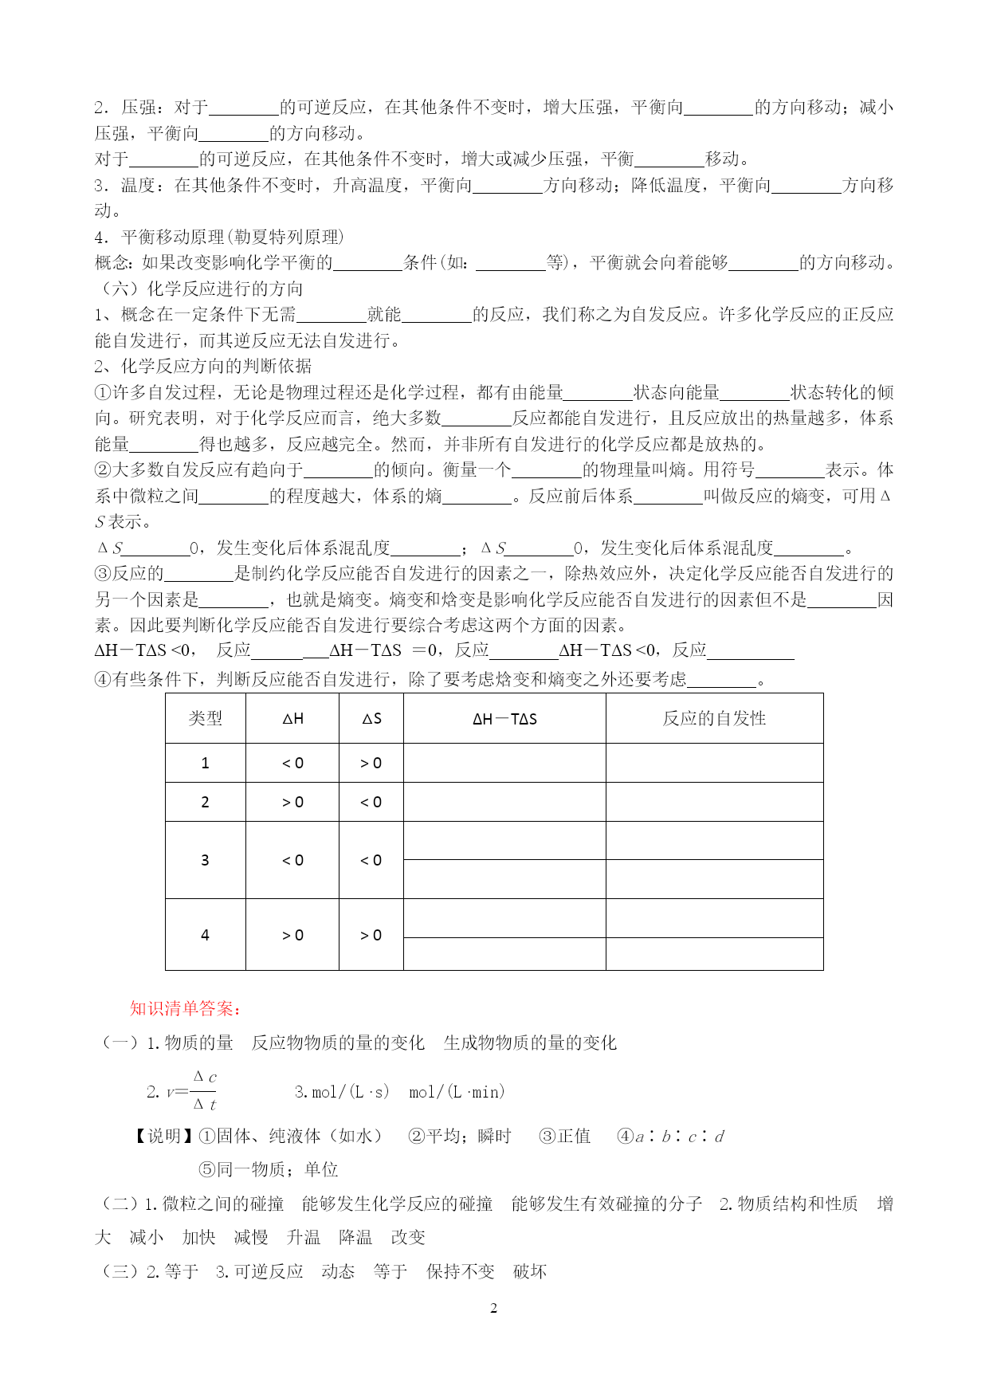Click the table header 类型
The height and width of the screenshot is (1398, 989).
pos(205,718)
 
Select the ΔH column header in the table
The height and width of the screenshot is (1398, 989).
pos(292,718)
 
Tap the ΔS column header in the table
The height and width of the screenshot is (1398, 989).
pos(371,718)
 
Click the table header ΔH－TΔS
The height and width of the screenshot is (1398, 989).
pos(504,718)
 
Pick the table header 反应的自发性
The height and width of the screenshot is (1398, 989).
pos(714,718)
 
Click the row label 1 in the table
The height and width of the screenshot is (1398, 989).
pos(205,763)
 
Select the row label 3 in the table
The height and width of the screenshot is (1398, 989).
pos(205,860)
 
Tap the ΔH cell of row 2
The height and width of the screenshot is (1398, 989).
pos(292,802)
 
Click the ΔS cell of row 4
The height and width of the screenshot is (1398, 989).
pos(371,935)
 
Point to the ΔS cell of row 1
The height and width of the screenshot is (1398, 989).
pos(371,763)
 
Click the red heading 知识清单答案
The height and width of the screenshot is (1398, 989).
pos(185,1008)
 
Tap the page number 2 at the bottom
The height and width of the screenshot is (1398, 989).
pos(493,1308)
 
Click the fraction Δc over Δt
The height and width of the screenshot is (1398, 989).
pos(205,1091)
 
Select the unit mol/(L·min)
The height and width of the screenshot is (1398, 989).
pos(457,1092)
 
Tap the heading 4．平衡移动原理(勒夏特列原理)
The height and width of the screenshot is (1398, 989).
pos(219,237)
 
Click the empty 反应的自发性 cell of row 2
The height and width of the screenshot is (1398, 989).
pos(714,802)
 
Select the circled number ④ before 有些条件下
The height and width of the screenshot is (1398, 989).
pos(103,679)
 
